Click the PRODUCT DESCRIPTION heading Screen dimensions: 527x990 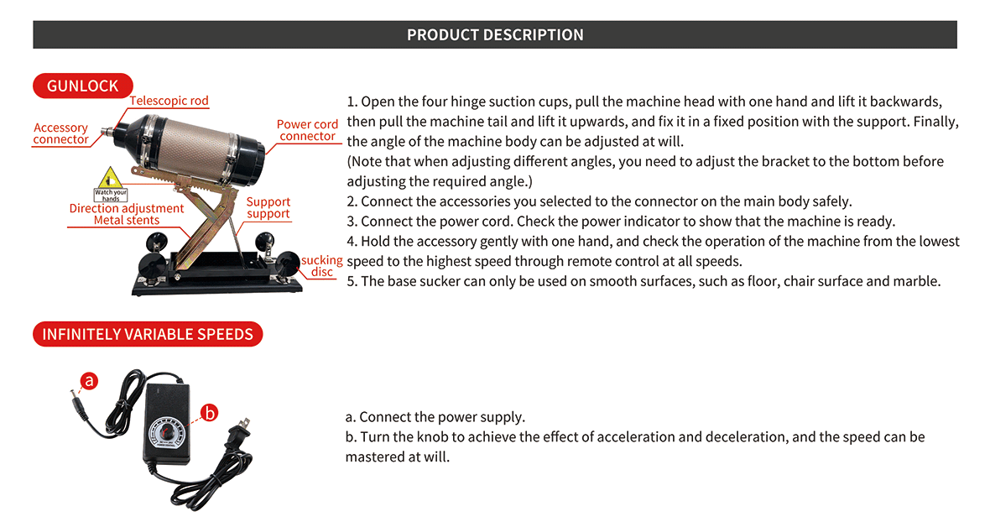pos(495,34)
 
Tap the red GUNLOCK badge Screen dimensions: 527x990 pos(82,86)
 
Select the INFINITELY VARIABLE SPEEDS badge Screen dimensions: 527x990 pos(148,334)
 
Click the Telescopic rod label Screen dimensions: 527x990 pos(169,101)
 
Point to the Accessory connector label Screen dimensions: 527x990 pos(60,133)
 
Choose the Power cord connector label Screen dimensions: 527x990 pos(307,130)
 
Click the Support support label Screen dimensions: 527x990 pos(268,207)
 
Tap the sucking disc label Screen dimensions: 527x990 pos(322,266)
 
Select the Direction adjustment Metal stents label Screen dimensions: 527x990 pos(126,214)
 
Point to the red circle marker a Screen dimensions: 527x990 pos(89,381)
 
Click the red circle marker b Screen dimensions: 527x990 pos(210,412)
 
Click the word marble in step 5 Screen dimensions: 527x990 pos(919,281)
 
